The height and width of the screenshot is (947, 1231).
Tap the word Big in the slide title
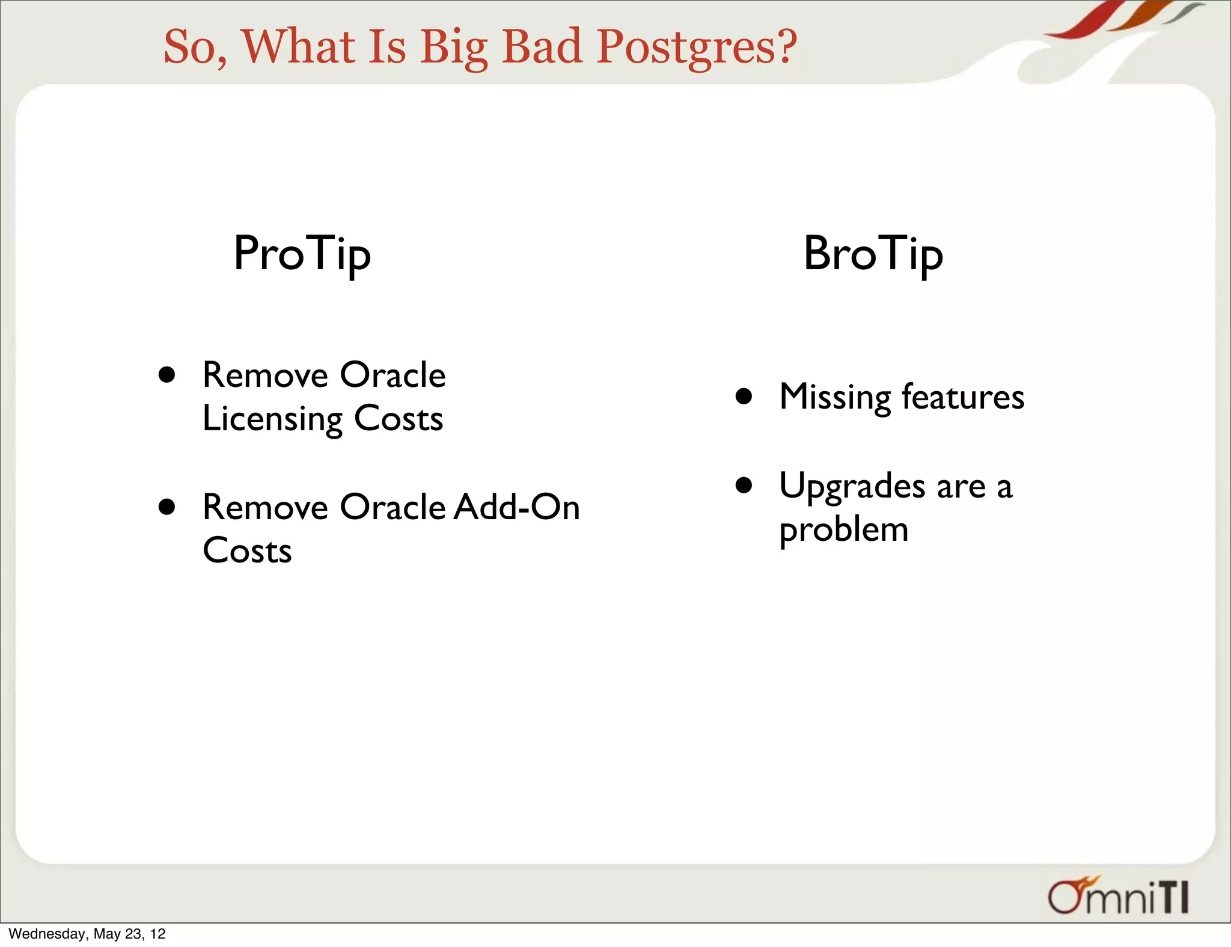tap(453, 48)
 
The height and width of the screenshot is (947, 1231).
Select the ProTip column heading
tap(302, 254)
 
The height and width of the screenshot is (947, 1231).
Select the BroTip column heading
tap(873, 254)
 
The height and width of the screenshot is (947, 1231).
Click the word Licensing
tap(272, 419)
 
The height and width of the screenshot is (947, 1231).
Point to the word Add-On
tap(516, 507)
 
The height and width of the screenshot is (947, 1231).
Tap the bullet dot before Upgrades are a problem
tap(744, 485)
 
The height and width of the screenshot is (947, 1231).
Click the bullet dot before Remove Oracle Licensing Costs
tap(167, 375)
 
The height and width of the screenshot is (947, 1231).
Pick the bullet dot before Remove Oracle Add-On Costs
tap(167, 507)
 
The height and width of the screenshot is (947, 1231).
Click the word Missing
tap(835, 398)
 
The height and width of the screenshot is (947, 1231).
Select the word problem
tap(843, 531)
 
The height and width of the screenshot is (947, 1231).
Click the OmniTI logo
tap(1118, 896)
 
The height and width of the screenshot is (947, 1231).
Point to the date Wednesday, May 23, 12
tap(87, 934)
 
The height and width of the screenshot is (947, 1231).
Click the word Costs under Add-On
tap(247, 550)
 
